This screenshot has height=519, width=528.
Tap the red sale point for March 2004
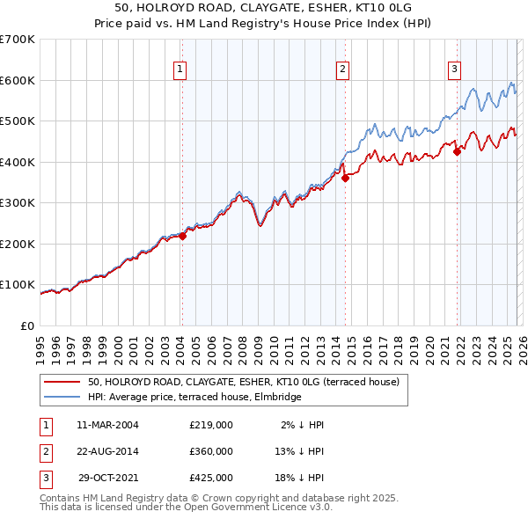[182, 236]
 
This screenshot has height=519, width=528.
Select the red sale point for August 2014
[345, 178]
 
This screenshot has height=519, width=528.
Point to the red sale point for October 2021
[457, 151]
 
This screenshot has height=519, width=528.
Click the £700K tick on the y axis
[18, 40]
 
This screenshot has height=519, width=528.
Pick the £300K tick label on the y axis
[18, 203]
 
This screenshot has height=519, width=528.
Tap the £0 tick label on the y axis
[26, 326]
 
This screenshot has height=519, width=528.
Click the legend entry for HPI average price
[194, 397]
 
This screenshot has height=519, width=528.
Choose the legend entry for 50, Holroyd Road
[243, 382]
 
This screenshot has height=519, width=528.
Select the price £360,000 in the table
[211, 451]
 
